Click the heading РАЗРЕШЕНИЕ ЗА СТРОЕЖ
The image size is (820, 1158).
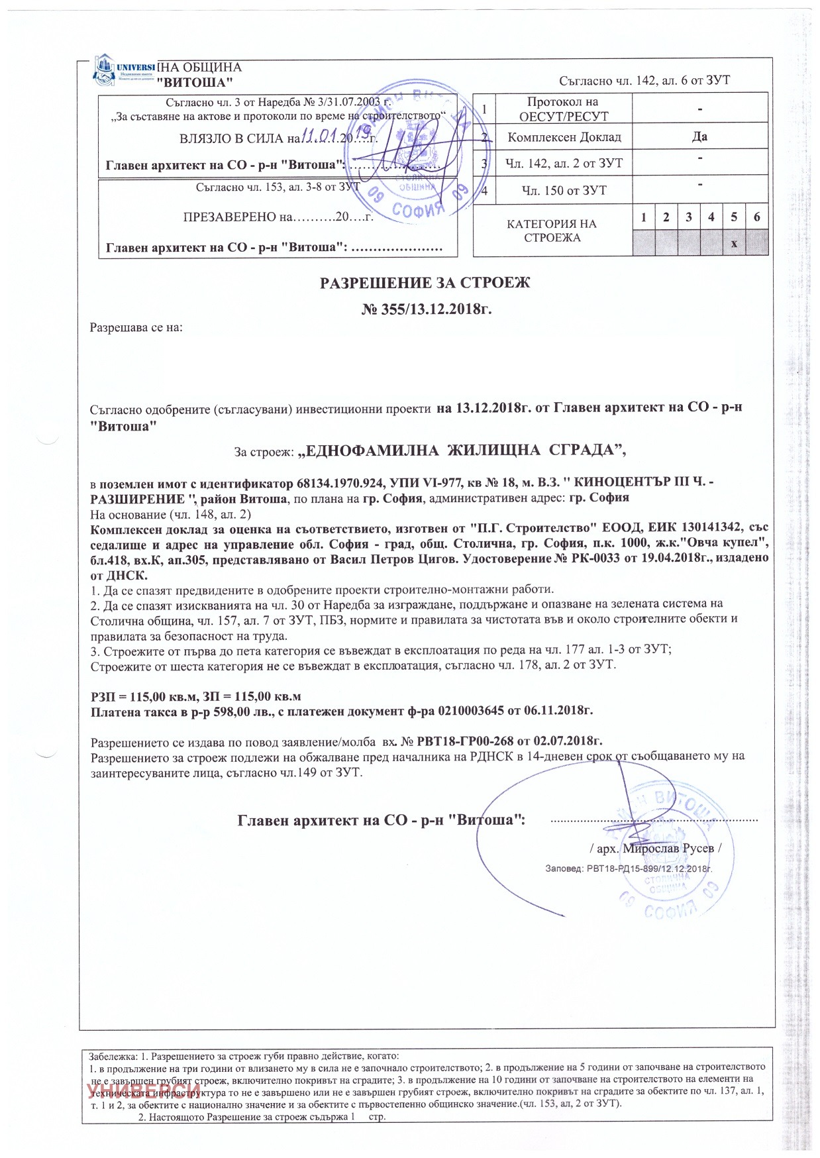click(x=425, y=284)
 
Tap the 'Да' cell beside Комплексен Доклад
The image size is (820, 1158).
click(x=699, y=136)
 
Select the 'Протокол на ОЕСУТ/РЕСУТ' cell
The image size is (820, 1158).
click(x=563, y=109)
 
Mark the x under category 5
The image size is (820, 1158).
click(x=734, y=244)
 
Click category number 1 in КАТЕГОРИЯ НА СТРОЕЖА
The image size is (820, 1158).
click(x=643, y=217)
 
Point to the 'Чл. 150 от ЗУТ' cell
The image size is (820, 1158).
click(x=563, y=191)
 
